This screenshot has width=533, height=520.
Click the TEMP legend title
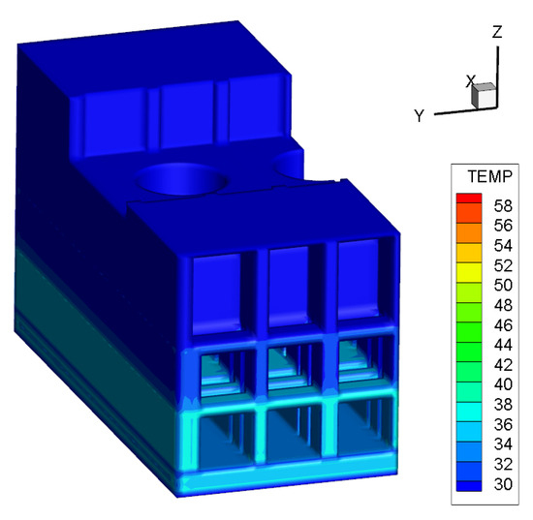pos(489,176)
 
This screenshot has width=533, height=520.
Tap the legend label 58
pos(503,206)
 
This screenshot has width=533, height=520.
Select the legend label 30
pos(503,484)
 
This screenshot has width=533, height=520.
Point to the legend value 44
pos(503,345)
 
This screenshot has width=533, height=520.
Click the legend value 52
pos(503,265)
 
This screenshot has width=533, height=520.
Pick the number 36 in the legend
pos(503,424)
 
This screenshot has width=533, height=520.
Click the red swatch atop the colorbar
pos(469,198)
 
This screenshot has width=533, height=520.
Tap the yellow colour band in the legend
pos(469,272)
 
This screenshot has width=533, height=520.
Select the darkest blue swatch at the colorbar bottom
pos(469,486)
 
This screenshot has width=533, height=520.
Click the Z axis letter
pos(497,32)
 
